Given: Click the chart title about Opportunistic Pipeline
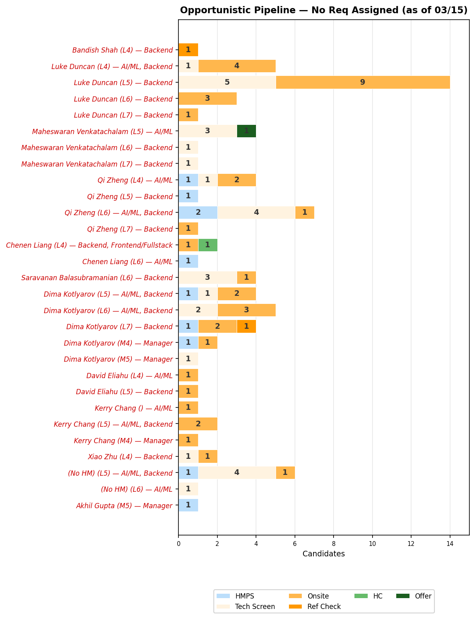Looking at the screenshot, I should [x=323, y=10].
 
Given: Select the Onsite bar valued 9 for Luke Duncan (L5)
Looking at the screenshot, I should [x=362, y=82].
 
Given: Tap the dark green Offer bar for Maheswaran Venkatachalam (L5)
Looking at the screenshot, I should [x=246, y=131].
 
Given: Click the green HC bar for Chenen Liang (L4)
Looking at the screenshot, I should [x=208, y=245].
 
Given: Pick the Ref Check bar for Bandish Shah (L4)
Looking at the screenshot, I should [x=188, y=50].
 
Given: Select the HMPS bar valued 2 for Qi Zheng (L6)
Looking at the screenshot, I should [x=198, y=212].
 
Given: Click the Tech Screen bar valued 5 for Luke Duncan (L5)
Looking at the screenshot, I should [x=227, y=82].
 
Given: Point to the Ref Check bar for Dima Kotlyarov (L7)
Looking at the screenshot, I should [x=246, y=326].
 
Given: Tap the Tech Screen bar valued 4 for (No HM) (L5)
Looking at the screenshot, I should [x=237, y=473].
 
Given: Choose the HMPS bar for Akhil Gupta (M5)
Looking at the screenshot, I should [x=188, y=505].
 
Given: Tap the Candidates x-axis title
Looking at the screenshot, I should [x=323, y=554].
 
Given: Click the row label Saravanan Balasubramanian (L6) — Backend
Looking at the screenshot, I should [x=97, y=278].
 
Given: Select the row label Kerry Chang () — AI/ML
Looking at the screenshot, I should [x=133, y=408].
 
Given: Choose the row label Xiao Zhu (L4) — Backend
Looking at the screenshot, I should [x=130, y=457].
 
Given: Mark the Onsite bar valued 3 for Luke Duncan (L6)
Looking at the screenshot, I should [x=207, y=99].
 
